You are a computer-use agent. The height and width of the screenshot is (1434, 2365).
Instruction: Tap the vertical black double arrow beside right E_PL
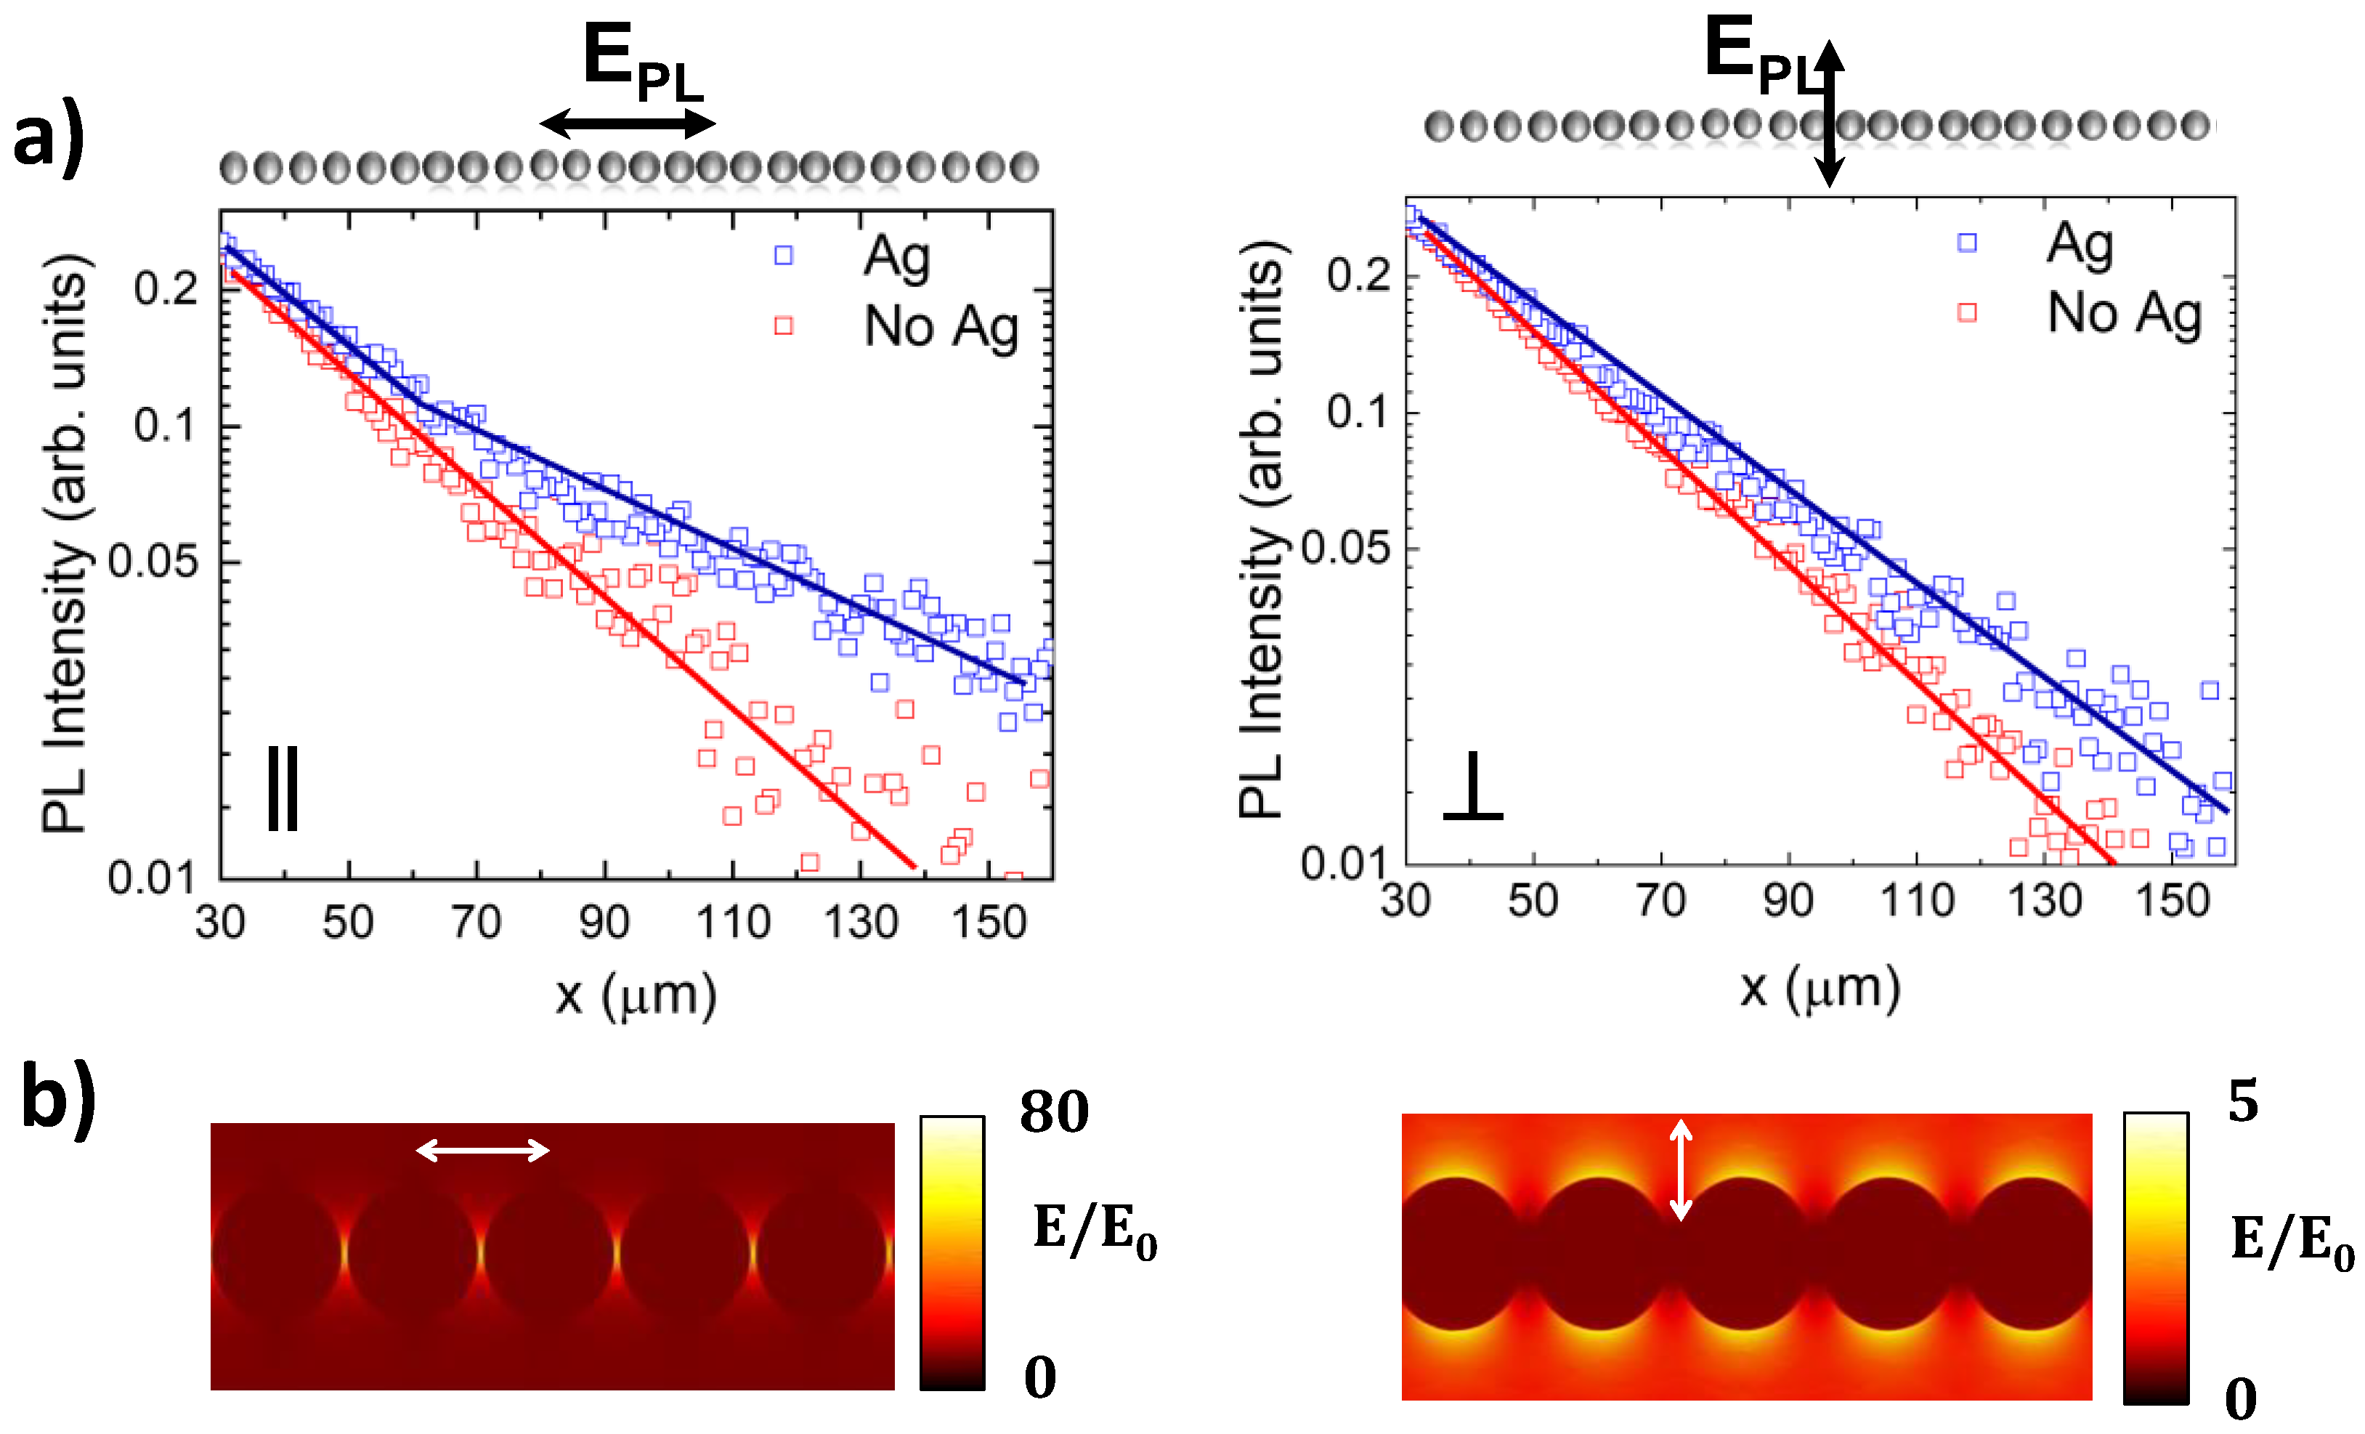click(1830, 113)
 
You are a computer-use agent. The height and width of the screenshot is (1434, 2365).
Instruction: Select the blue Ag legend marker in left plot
click(783, 255)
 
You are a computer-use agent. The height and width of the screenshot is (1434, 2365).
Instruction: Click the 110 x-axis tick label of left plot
click(732, 923)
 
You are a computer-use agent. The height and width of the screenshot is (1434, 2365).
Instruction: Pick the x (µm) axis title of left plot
click(636, 995)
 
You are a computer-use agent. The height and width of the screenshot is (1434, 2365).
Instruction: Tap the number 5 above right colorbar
click(2242, 1101)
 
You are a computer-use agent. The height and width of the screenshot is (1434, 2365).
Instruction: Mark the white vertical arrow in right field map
click(1679, 1169)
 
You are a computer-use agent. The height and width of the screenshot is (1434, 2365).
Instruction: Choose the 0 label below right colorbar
click(2240, 1399)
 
